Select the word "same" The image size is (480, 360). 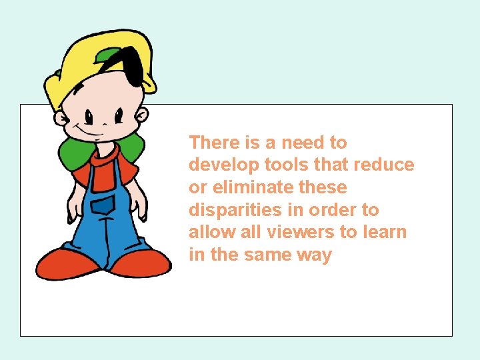(x=267, y=255)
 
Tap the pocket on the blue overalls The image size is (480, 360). (x=103, y=205)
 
